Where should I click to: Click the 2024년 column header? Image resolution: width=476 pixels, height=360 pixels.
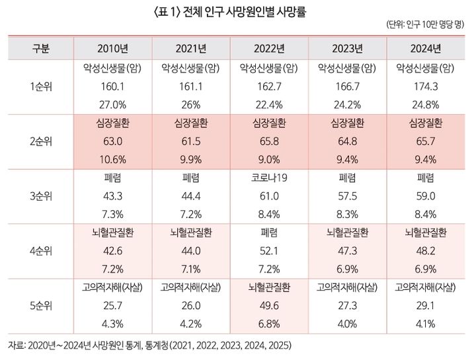click(426, 48)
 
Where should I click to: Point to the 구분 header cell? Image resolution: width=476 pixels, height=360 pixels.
click(40, 48)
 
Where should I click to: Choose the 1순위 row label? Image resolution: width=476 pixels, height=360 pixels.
click(40, 86)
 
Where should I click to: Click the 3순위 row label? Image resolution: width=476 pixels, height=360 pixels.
click(40, 197)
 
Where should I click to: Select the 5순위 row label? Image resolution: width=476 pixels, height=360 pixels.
click(40, 306)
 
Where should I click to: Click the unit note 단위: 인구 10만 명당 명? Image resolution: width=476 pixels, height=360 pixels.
click(425, 26)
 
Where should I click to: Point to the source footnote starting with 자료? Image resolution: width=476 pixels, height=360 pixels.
click(149, 345)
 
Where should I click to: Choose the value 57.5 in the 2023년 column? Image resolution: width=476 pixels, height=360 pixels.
click(348, 197)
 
